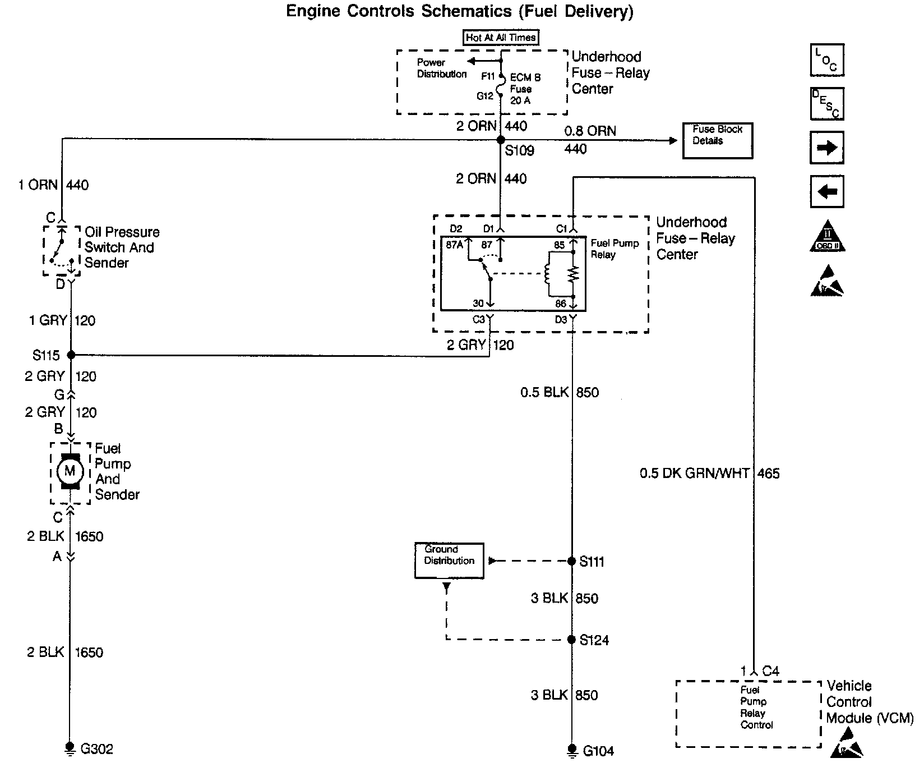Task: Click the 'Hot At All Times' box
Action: pos(501,38)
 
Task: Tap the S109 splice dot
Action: pos(501,140)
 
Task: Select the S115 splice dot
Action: pos(71,355)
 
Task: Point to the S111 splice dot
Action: pos(572,561)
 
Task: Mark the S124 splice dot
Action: pos(572,640)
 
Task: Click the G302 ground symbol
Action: pos(70,748)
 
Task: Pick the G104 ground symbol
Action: pos(572,750)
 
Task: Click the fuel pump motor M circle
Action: pos(70,471)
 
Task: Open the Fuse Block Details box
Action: pos(717,140)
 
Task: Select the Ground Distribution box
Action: pos(449,560)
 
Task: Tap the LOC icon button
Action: pos(827,61)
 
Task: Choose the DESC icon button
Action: pos(827,104)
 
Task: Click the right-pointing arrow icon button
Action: pos(827,148)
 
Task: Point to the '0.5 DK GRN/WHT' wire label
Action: pos(695,474)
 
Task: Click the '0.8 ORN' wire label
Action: pos(590,131)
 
